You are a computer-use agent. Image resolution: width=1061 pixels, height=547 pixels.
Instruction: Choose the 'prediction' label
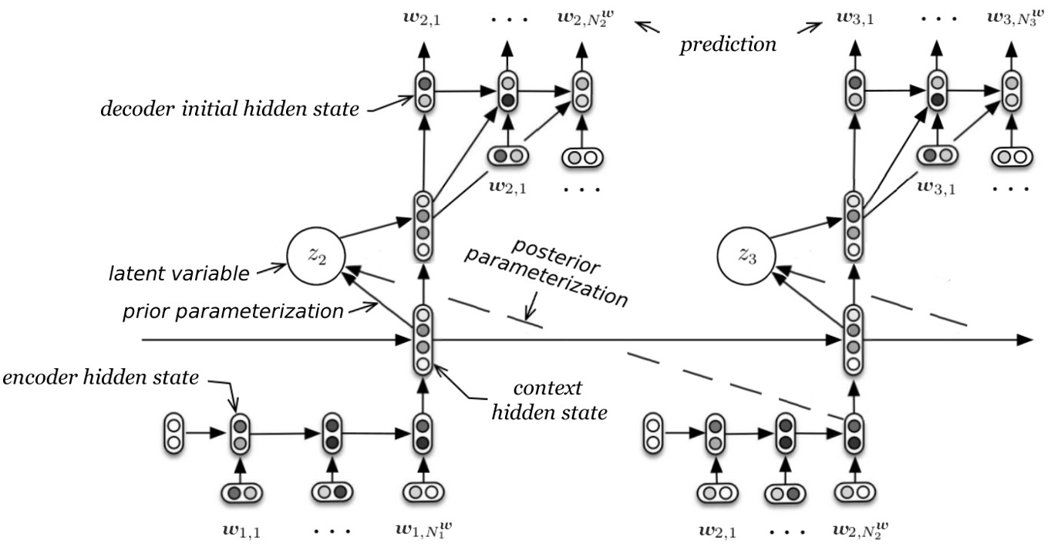(x=727, y=45)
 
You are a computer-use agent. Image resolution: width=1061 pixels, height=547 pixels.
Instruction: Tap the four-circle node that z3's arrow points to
(x=852, y=223)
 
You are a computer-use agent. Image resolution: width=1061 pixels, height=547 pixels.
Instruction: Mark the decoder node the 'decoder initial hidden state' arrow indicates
(x=423, y=91)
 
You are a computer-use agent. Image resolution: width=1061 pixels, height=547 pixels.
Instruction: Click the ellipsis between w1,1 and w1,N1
(x=332, y=530)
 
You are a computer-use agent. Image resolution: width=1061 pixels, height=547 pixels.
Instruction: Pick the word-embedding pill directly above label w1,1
(x=241, y=492)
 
